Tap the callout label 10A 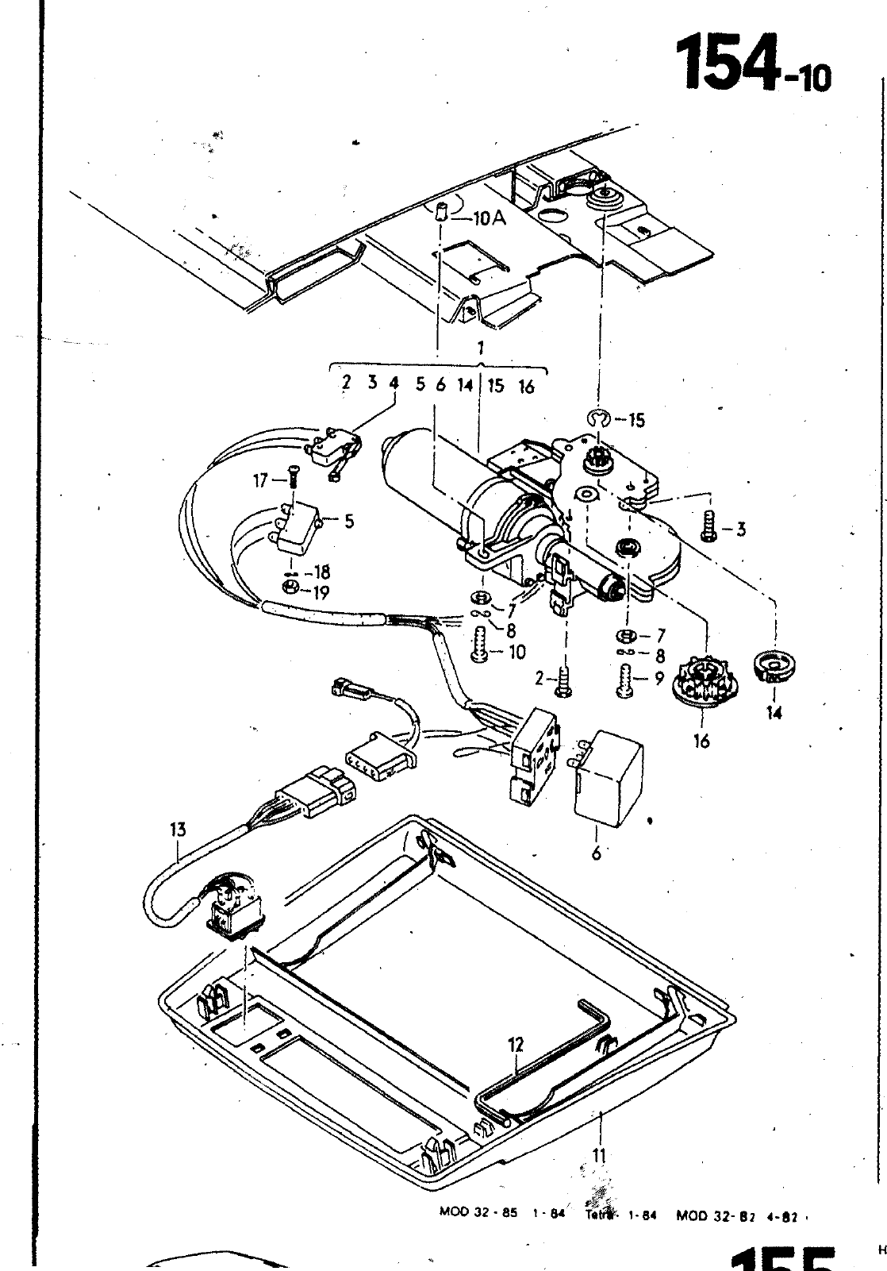[489, 218]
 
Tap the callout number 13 [178, 830]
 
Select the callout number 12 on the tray [516, 1045]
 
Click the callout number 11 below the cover [600, 1156]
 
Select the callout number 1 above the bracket [481, 347]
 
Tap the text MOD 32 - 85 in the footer [478, 1212]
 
